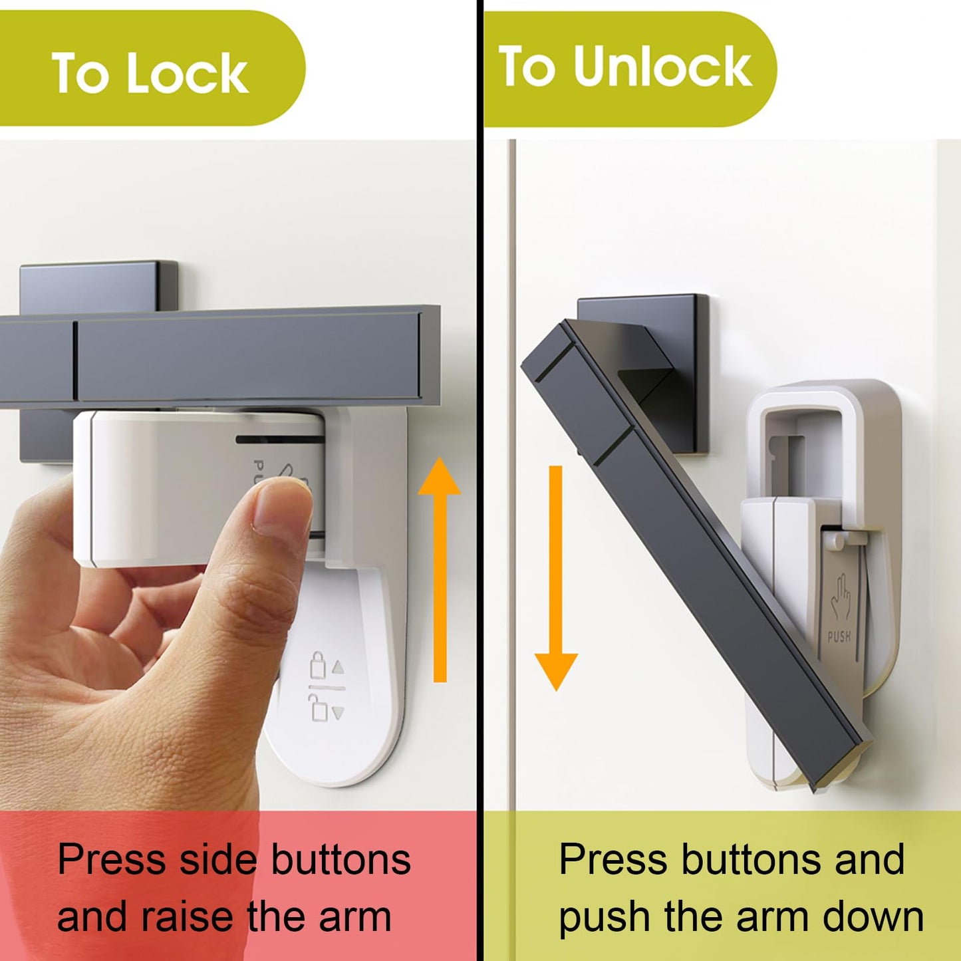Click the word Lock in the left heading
188,73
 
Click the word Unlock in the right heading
662,67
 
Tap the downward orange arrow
556,579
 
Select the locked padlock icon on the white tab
318,666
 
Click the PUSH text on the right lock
839,636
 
